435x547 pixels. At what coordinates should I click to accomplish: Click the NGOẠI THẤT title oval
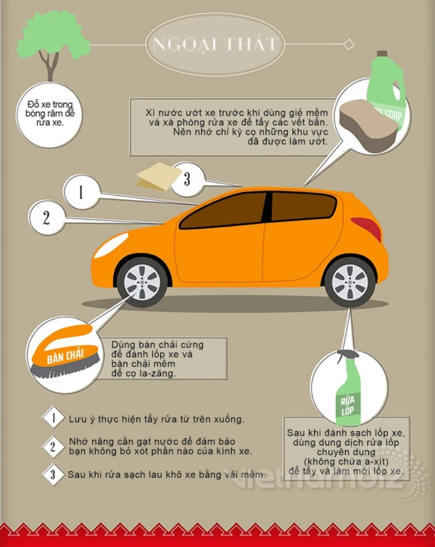point(215,44)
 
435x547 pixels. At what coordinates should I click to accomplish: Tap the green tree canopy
point(52,35)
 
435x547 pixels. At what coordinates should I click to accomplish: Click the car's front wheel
point(142,282)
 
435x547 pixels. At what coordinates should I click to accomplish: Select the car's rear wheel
point(349,282)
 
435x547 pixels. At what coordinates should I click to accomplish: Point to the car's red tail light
point(367,228)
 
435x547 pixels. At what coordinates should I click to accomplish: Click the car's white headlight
point(111,245)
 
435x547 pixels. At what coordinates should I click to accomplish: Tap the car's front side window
point(223,210)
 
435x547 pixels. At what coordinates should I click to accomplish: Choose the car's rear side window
point(303,206)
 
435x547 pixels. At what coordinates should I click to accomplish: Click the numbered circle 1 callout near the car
point(82,192)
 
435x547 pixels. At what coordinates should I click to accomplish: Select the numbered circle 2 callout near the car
point(47,217)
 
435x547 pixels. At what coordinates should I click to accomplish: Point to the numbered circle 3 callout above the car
point(188,179)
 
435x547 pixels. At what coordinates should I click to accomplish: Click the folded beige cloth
point(159,177)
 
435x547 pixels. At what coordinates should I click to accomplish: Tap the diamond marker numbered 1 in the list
point(54,417)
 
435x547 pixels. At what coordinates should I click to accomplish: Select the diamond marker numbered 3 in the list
point(53,474)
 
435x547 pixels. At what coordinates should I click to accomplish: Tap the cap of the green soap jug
point(382,54)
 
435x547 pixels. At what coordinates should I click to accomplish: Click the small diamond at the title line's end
point(349,45)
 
